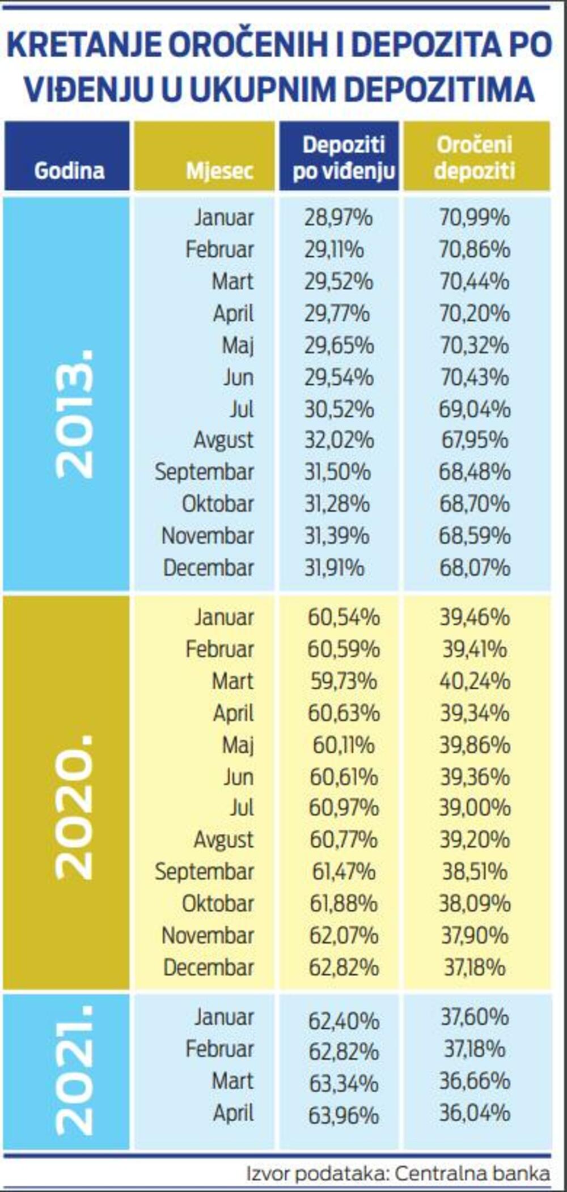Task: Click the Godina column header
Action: click(x=69, y=170)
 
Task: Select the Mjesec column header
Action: click(x=219, y=170)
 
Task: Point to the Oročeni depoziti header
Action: click(x=475, y=157)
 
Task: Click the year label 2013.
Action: click(x=74, y=414)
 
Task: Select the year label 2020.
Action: click(x=74, y=807)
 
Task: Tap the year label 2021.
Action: click(x=74, y=1071)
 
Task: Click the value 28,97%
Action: click(x=338, y=218)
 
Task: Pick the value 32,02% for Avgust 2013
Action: click(x=338, y=440)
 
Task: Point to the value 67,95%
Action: click(x=475, y=440)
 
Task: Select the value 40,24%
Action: click(x=475, y=681)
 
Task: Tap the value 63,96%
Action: click(x=344, y=1115)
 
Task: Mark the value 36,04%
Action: click(x=475, y=1113)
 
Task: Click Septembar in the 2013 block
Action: click(x=204, y=472)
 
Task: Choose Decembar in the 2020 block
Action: click(x=208, y=968)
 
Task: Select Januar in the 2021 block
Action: click(x=224, y=1017)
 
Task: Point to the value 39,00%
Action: click(x=475, y=808)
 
